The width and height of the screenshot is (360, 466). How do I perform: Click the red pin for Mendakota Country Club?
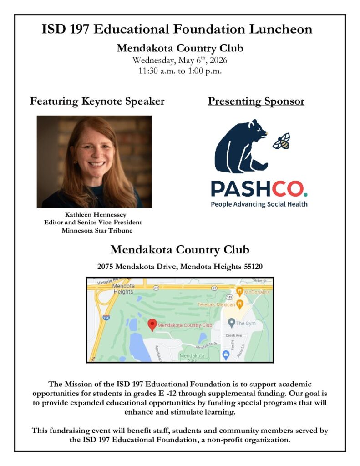(152, 324)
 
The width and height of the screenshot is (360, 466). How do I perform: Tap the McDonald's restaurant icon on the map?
(239, 291)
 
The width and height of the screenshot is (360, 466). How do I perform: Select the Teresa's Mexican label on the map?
(216, 304)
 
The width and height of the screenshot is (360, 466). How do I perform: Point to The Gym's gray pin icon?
(231, 323)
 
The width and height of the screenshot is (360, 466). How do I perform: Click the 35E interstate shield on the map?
(106, 317)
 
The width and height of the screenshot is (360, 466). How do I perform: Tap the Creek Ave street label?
(234, 335)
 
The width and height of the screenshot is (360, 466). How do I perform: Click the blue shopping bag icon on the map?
(225, 354)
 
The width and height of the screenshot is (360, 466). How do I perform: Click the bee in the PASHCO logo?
(281, 141)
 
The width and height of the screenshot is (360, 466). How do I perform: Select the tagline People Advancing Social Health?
(259, 204)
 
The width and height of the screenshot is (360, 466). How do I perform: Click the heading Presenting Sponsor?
(256, 101)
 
